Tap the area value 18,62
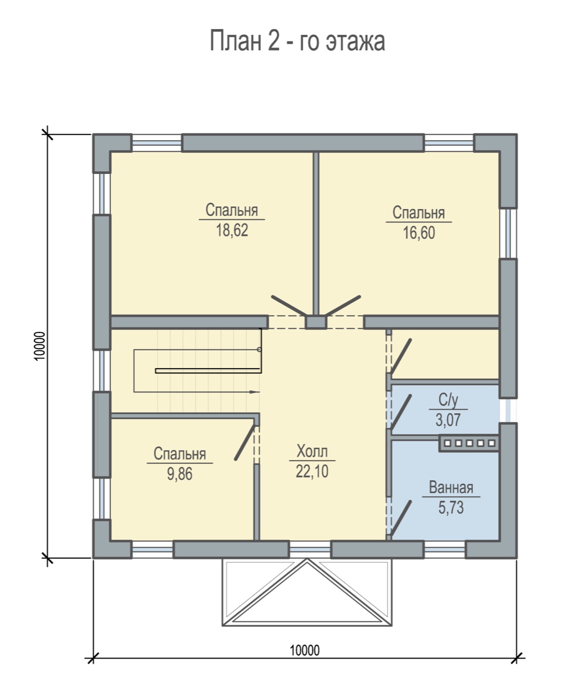(232, 230)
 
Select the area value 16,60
(419, 233)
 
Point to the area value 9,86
(180, 473)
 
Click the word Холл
(312, 451)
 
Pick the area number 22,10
(312, 471)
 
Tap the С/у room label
(448, 400)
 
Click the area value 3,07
(448, 420)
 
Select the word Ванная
(451, 487)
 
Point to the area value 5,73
(451, 507)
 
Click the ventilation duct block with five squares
(468, 443)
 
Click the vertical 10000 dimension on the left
(40, 346)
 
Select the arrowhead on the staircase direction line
(255, 391)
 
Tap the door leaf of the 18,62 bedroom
(289, 306)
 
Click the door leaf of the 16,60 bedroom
(343, 306)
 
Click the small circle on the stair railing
(259, 350)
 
